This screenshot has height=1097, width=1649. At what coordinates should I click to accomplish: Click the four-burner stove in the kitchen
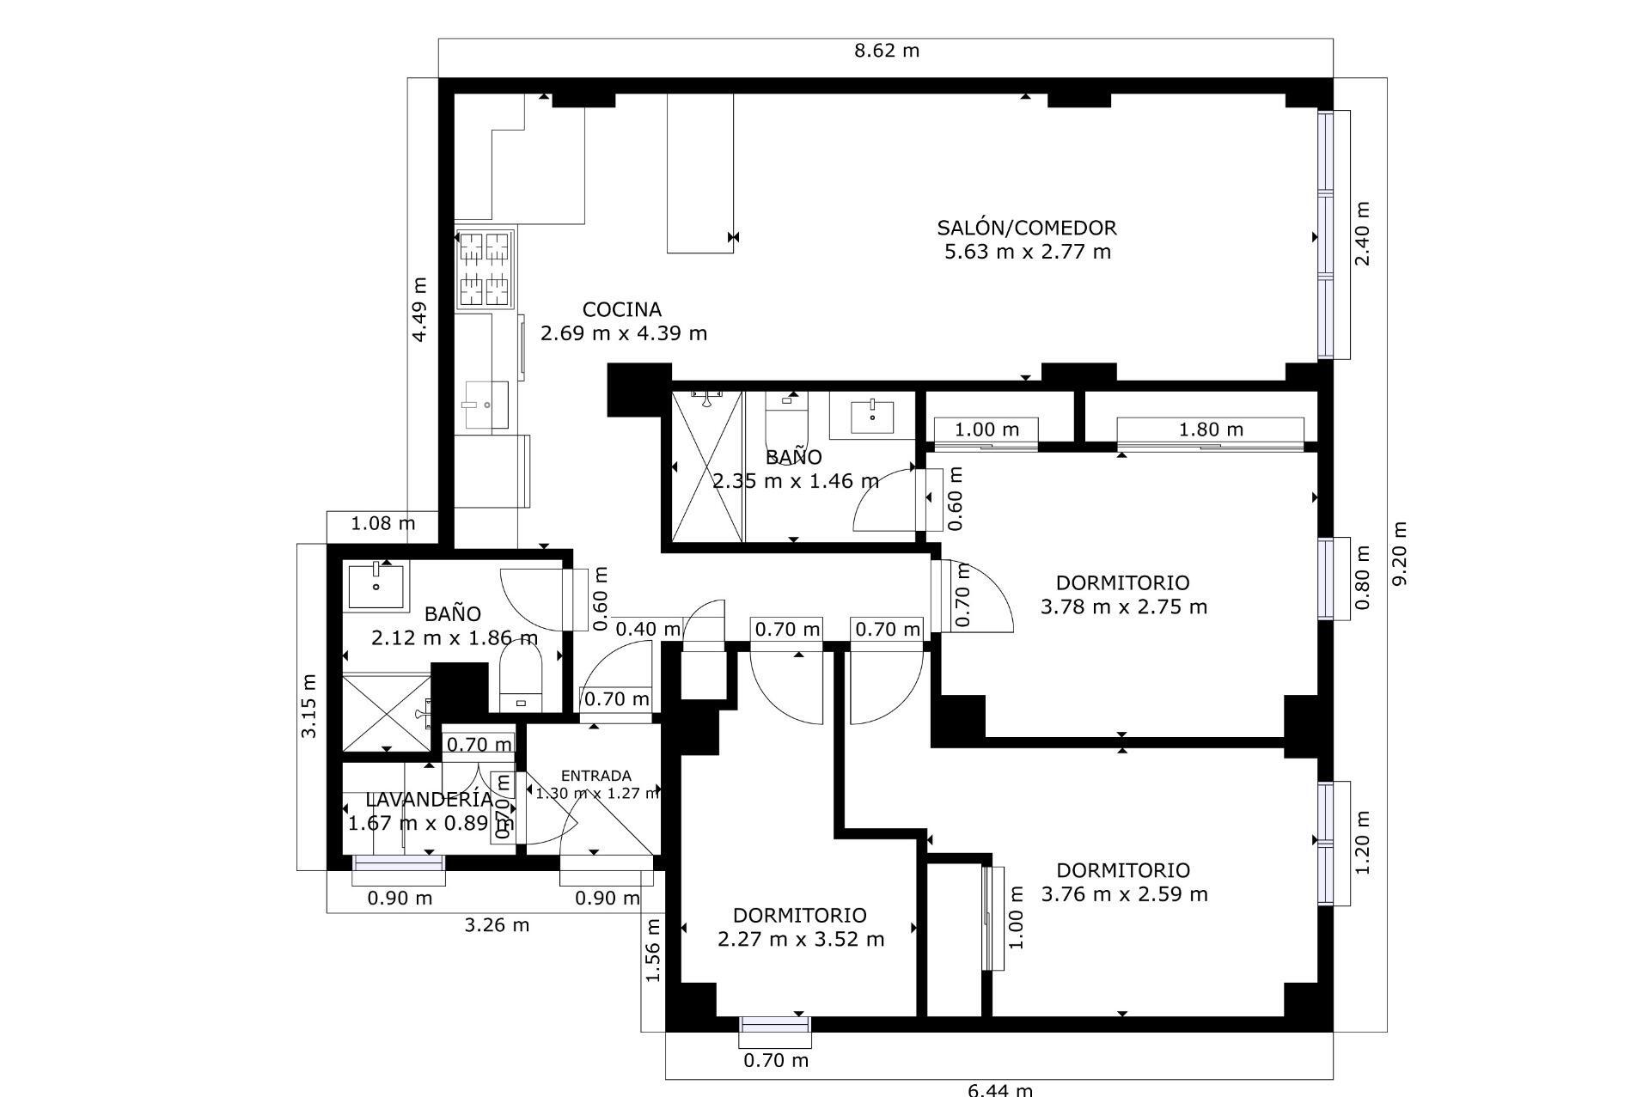485,269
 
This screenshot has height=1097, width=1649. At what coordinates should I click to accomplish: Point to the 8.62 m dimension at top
886,51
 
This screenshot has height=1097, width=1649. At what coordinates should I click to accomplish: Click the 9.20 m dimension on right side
1400,554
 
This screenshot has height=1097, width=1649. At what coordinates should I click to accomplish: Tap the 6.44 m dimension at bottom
1000,1089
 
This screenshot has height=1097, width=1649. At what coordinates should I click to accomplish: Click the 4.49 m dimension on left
419,309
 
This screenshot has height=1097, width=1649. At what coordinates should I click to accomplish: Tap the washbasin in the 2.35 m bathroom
872,417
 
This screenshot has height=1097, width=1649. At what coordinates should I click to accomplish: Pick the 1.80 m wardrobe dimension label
1210,430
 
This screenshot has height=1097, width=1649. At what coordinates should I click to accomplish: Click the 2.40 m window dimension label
1362,234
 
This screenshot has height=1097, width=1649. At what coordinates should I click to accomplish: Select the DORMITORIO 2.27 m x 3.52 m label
800,927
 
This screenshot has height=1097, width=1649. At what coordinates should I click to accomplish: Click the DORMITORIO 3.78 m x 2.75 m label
1122,594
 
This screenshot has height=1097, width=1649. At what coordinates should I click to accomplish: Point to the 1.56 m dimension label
653,950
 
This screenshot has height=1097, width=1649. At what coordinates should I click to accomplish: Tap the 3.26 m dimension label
497,925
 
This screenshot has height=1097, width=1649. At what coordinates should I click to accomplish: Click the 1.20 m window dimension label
1362,843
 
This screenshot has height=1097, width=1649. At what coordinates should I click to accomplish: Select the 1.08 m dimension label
383,523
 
